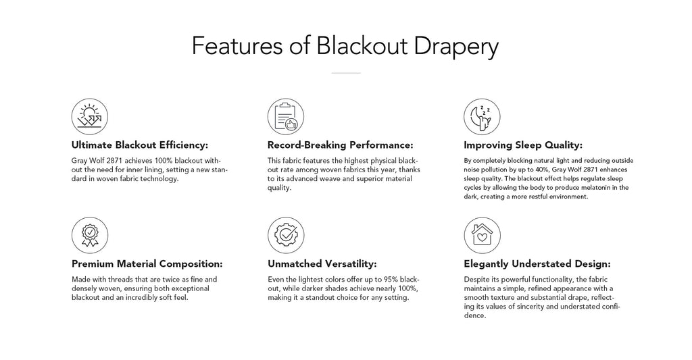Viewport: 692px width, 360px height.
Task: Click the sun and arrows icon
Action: [90, 116]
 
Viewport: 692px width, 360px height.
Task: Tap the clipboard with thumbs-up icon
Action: [286, 116]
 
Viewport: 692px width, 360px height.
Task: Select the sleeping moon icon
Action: [482, 116]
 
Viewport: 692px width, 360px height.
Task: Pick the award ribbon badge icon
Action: [90, 235]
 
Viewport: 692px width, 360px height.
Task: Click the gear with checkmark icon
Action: [286, 235]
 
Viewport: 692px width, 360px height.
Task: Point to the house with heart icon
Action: [482, 235]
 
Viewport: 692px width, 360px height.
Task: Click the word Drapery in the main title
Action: [456, 47]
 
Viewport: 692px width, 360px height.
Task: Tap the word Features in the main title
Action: [237, 45]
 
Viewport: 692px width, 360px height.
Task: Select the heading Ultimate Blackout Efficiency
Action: [139, 145]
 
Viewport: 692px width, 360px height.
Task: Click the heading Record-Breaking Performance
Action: [341, 145]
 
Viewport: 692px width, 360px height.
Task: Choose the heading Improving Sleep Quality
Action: [523, 145]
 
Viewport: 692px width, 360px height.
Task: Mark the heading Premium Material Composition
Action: [147, 264]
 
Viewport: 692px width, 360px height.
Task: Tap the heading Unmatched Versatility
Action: [322, 264]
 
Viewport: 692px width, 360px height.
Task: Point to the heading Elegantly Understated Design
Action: [537, 264]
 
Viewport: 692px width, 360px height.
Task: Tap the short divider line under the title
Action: [346, 73]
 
